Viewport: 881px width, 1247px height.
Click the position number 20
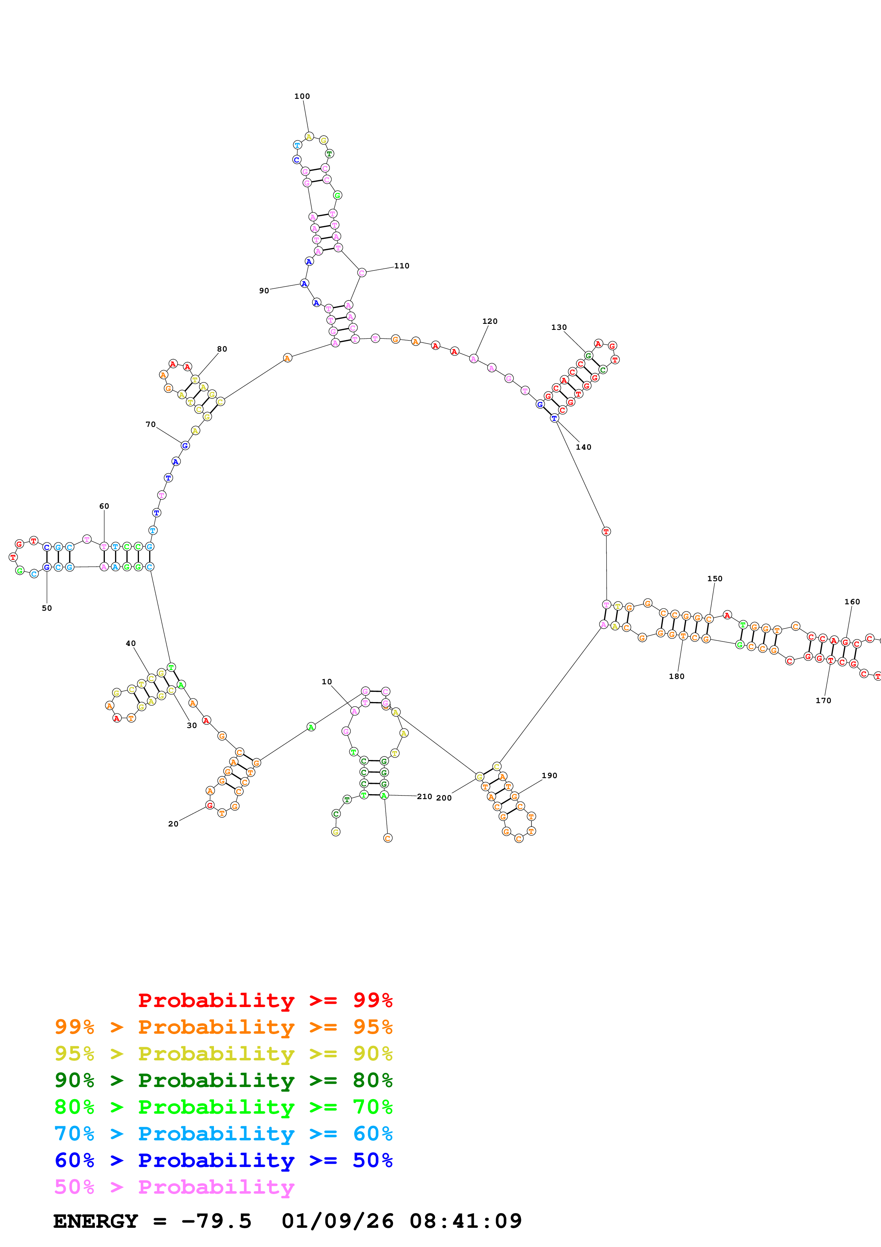173,824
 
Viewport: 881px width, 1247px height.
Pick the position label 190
549,776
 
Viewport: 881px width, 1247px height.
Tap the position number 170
823,701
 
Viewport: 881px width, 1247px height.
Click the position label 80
222,349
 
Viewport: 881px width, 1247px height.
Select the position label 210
424,797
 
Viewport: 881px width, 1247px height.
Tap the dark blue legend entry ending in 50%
223,1160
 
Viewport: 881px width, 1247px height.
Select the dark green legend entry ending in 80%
223,1080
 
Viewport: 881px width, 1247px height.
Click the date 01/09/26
337,1221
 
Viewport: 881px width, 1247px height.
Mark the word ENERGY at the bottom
96,1221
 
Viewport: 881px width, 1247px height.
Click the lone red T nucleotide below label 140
606,532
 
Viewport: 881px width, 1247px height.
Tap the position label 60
104,506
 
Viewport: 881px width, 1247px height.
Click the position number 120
490,322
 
